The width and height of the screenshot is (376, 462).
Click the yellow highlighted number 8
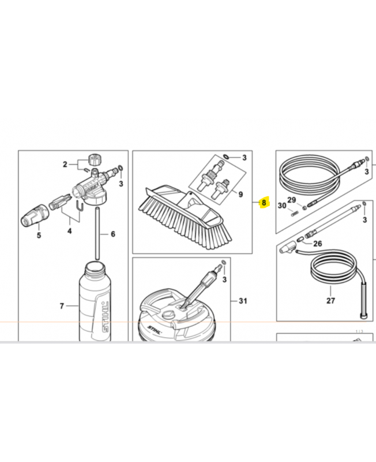coord(264,203)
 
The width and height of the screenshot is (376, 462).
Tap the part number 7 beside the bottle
coord(62,305)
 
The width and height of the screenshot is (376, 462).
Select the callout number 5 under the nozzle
coord(39,236)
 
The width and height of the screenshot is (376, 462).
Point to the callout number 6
coord(113,234)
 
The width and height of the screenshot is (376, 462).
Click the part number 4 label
coord(69,231)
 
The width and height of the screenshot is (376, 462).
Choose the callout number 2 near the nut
coord(65,165)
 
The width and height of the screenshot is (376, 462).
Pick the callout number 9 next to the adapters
coord(240,195)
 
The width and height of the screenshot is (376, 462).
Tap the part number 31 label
coord(242,300)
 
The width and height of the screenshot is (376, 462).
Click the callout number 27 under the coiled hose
coord(330,301)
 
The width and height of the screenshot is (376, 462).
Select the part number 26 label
coord(317,244)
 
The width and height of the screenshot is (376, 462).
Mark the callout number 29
coord(292,200)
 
